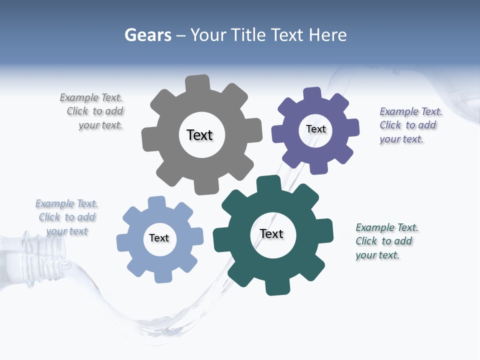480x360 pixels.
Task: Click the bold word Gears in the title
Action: tap(147, 35)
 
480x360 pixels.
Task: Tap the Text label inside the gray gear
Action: tap(199, 135)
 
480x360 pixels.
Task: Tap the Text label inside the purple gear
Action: tap(315, 129)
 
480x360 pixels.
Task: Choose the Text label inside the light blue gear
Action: tap(159, 238)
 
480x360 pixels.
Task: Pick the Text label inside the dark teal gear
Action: tap(271, 233)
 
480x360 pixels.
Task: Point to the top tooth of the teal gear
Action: tap(268, 184)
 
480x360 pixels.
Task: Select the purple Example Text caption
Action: tap(409, 125)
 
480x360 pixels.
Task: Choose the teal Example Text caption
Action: tap(385, 241)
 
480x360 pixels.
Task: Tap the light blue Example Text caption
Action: tap(67, 217)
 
